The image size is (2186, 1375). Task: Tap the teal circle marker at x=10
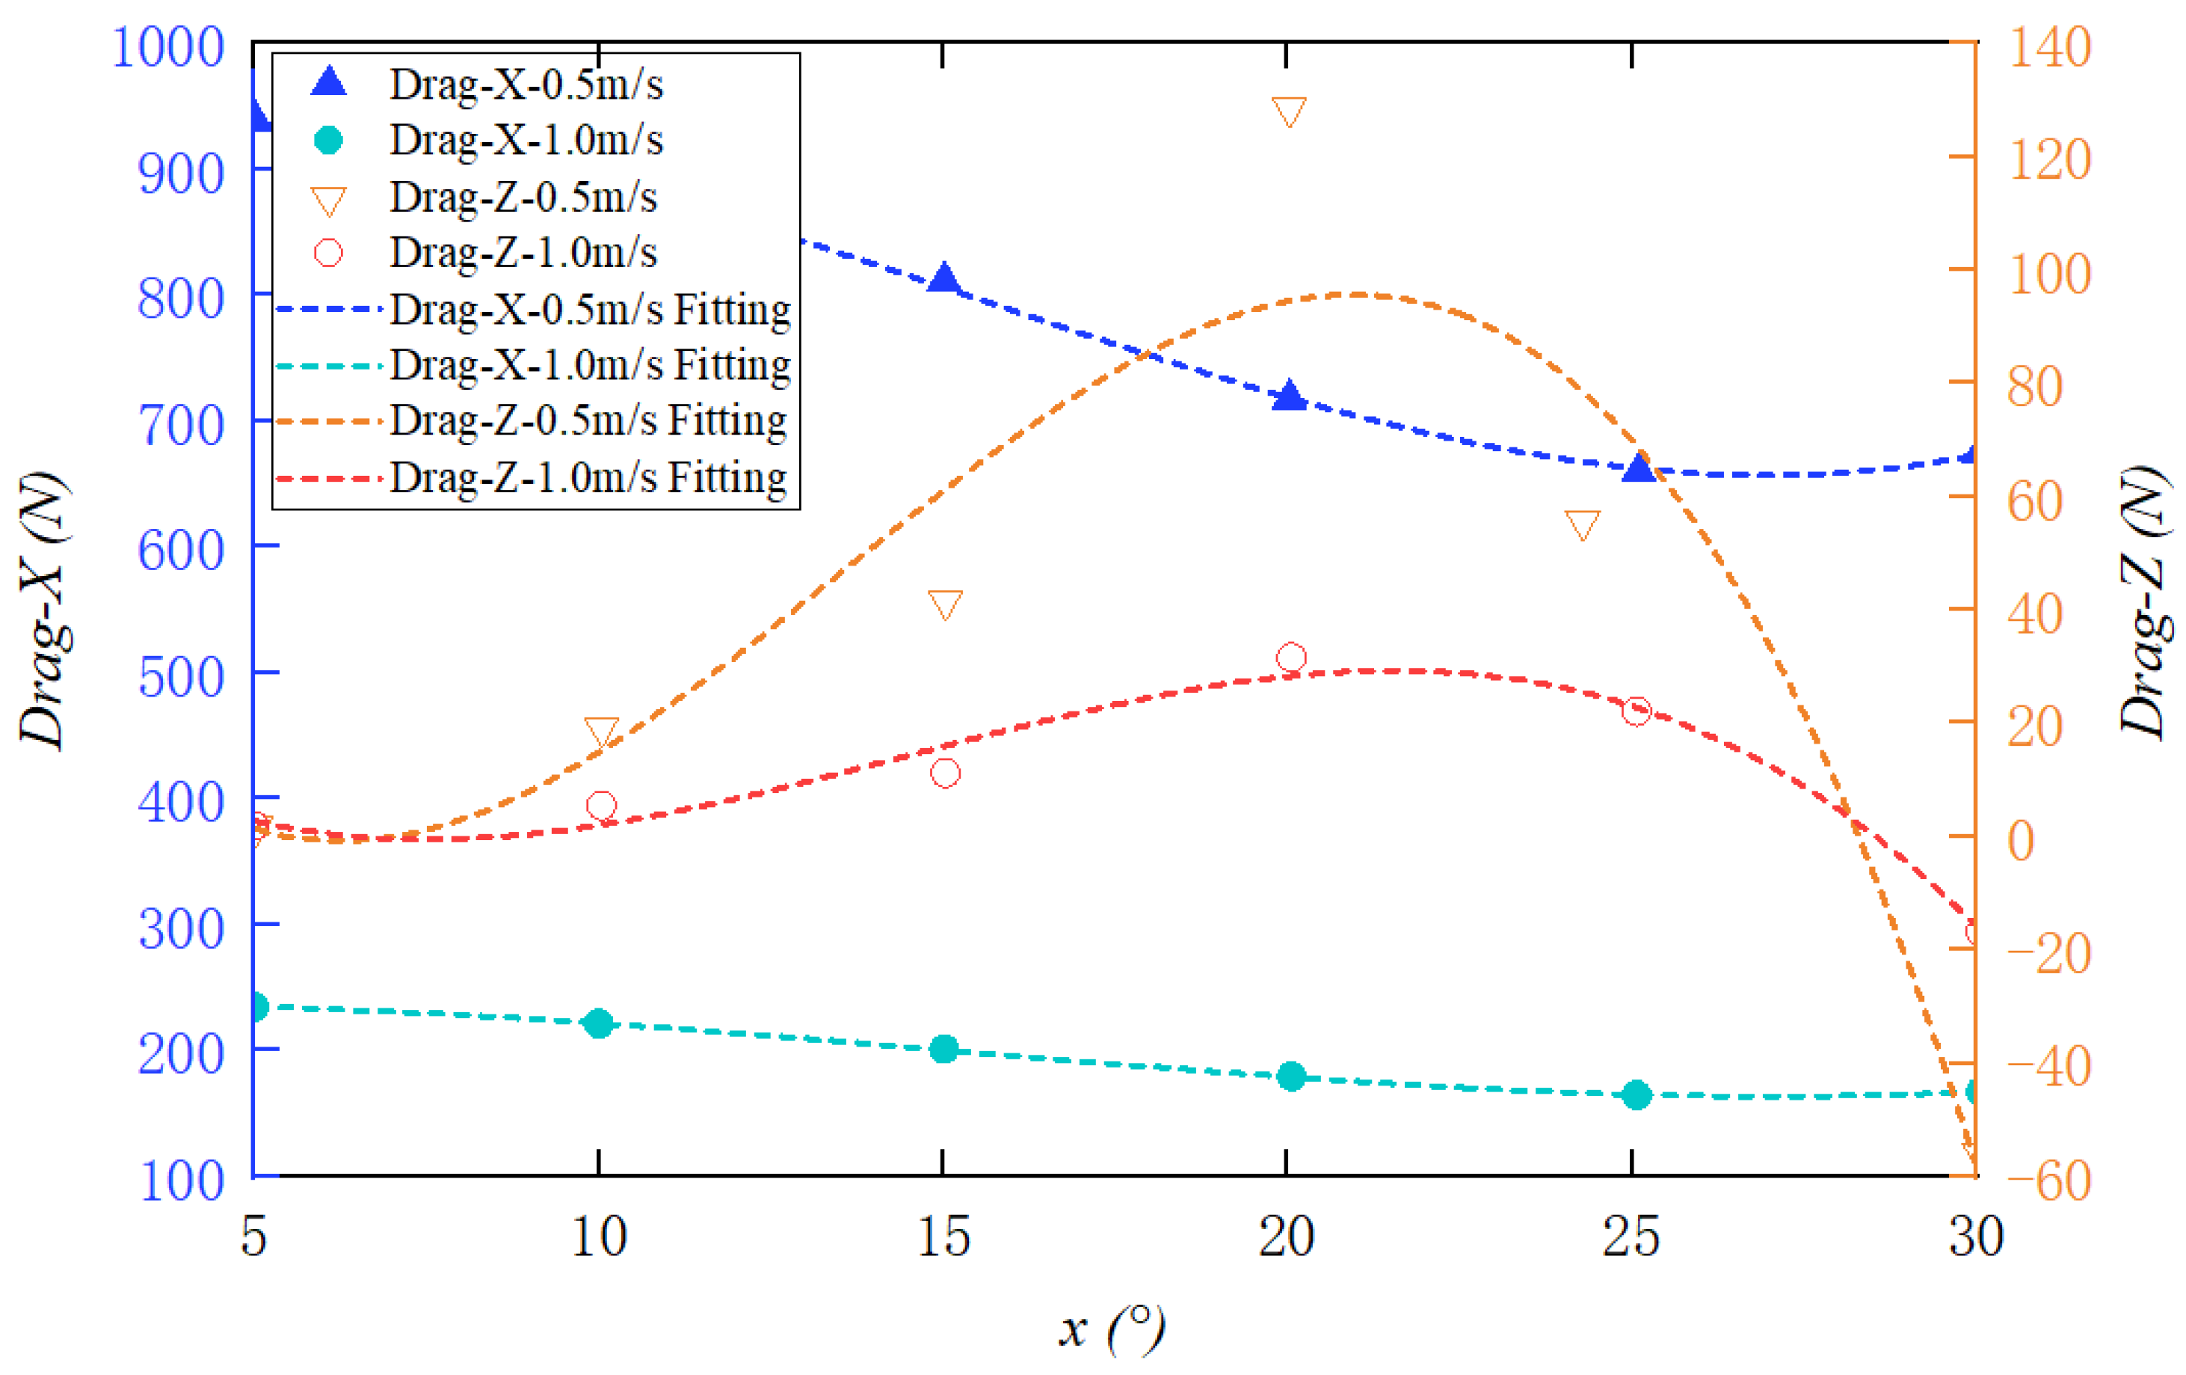(598, 1023)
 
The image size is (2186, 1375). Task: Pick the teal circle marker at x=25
(1636, 1095)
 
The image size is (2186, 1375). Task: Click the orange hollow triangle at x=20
(1289, 111)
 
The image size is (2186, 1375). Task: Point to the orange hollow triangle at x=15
(945, 604)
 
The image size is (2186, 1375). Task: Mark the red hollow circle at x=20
(1291, 658)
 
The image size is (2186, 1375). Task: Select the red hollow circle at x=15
(945, 773)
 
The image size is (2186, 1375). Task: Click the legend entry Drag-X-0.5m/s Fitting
(590, 310)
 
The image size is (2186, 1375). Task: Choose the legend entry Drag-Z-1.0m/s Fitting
(588, 478)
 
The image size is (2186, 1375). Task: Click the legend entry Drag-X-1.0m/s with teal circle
(526, 140)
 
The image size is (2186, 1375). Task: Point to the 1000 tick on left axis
(168, 47)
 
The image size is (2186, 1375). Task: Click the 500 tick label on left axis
(181, 678)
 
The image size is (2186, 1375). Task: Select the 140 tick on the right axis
(2050, 47)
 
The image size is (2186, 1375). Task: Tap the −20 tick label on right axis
(2047, 954)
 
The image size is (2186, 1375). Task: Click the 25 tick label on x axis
(1631, 1236)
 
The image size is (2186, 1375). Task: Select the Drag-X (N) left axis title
(43, 610)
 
